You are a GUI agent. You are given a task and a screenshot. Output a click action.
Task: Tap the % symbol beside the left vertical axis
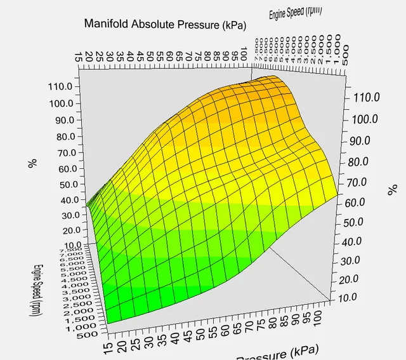[31, 163]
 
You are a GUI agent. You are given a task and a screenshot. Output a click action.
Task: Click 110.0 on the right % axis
[366, 97]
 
